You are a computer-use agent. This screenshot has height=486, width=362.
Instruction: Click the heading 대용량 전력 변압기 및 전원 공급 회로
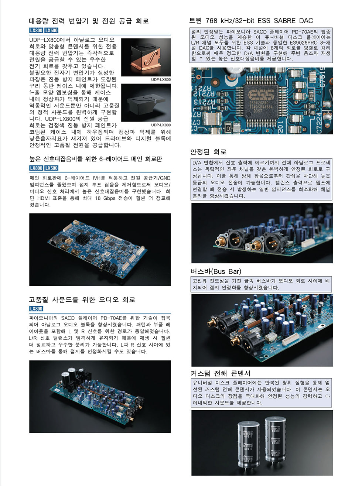click(89, 21)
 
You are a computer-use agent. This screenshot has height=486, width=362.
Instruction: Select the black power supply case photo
click(146, 103)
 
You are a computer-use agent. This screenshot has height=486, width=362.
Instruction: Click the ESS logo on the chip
click(261, 95)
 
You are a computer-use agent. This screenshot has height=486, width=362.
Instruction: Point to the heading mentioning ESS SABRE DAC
click(251, 21)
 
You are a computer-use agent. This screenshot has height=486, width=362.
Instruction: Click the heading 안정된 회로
click(208, 151)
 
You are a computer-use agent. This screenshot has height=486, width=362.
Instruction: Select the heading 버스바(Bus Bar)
click(216, 271)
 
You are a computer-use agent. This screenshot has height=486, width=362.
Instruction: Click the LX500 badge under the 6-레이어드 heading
click(51, 168)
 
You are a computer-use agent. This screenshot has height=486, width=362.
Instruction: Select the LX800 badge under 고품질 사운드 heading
click(36, 309)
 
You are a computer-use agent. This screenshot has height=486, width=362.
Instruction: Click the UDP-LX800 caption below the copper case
click(161, 79)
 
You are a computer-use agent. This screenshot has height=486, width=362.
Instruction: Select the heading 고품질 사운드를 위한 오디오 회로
click(82, 300)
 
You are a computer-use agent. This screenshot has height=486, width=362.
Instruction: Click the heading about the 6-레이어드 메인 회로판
click(96, 159)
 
